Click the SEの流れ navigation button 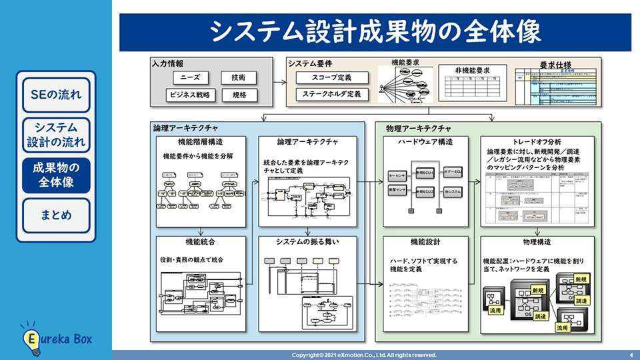tap(56, 94)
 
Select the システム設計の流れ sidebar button tap(56, 134)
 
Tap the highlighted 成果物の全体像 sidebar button tap(56, 175)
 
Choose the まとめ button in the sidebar tap(56, 215)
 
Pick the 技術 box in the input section tap(239, 77)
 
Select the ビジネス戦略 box tap(190, 95)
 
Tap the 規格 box tap(239, 95)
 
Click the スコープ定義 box tap(331, 77)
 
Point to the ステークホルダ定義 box tap(331, 95)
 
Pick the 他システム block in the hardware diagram tap(453, 191)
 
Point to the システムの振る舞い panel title tap(307, 241)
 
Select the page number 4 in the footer tap(631, 355)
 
